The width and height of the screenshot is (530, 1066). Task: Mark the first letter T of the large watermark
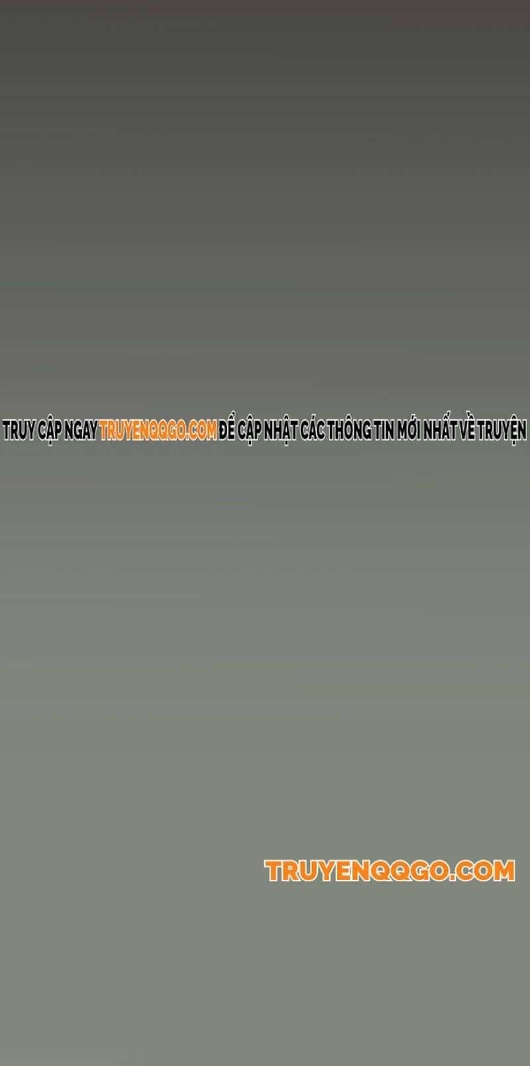coord(274,871)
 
